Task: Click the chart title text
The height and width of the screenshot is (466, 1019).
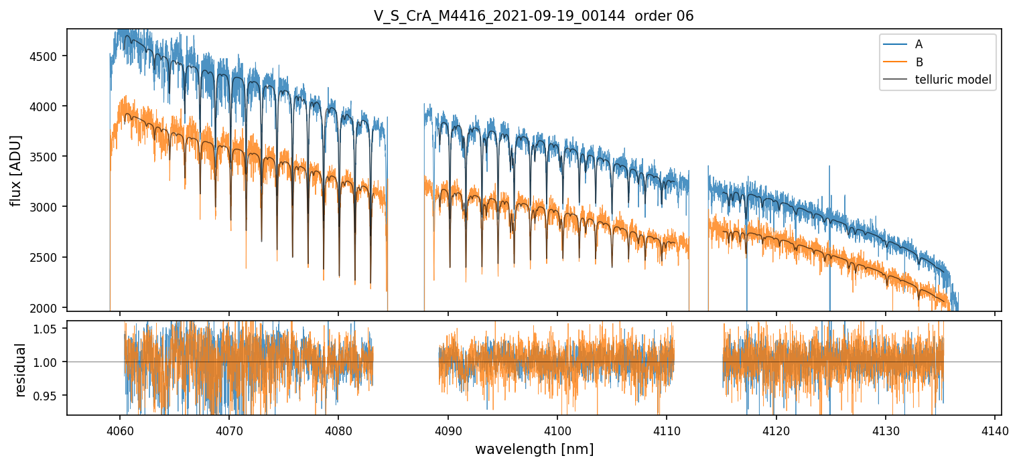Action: pos(534,16)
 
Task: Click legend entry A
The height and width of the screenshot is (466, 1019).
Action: pos(919,44)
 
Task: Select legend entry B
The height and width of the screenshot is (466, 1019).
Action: pos(919,62)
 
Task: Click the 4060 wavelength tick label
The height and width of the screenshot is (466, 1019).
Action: pos(120,429)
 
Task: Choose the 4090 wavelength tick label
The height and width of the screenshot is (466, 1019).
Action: pos(448,429)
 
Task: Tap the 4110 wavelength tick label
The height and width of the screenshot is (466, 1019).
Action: pos(667,429)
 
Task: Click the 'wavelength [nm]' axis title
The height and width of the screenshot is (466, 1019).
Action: pos(534,449)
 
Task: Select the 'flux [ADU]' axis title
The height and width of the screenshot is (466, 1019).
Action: pos(16,170)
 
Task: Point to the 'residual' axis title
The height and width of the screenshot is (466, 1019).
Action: pos(21,370)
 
